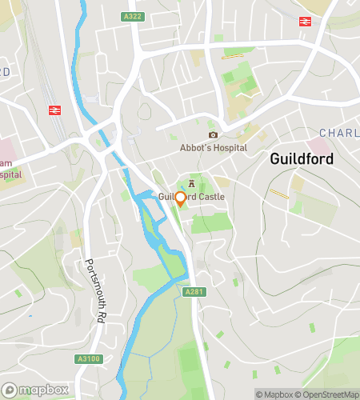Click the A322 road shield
(x=133, y=16)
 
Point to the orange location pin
(x=180, y=199)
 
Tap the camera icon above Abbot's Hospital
(x=213, y=134)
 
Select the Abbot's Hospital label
(x=213, y=148)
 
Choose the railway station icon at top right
(x=305, y=22)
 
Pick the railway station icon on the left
(x=54, y=110)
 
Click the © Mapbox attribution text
(x=274, y=394)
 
